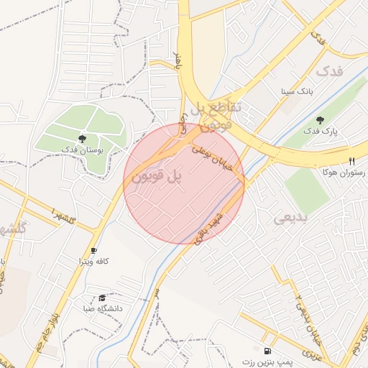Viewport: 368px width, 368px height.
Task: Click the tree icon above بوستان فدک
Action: click(83, 138)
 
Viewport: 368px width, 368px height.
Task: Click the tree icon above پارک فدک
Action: click(320, 120)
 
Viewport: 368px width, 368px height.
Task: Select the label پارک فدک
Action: click(320, 132)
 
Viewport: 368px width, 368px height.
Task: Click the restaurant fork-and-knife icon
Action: click(351, 162)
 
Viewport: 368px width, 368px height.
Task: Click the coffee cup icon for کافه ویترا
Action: click(93, 250)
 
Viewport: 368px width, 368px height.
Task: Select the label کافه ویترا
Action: click(93, 262)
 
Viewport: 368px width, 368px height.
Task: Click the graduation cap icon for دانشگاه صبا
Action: click(102, 298)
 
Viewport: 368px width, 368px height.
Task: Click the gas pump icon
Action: click(268, 351)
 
